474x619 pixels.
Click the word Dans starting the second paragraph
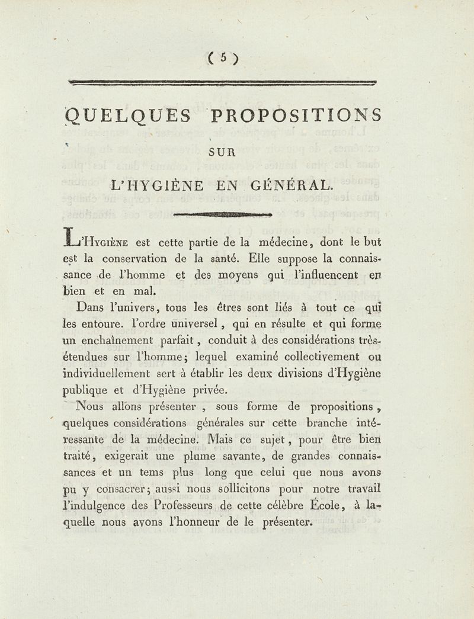(x=96, y=307)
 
